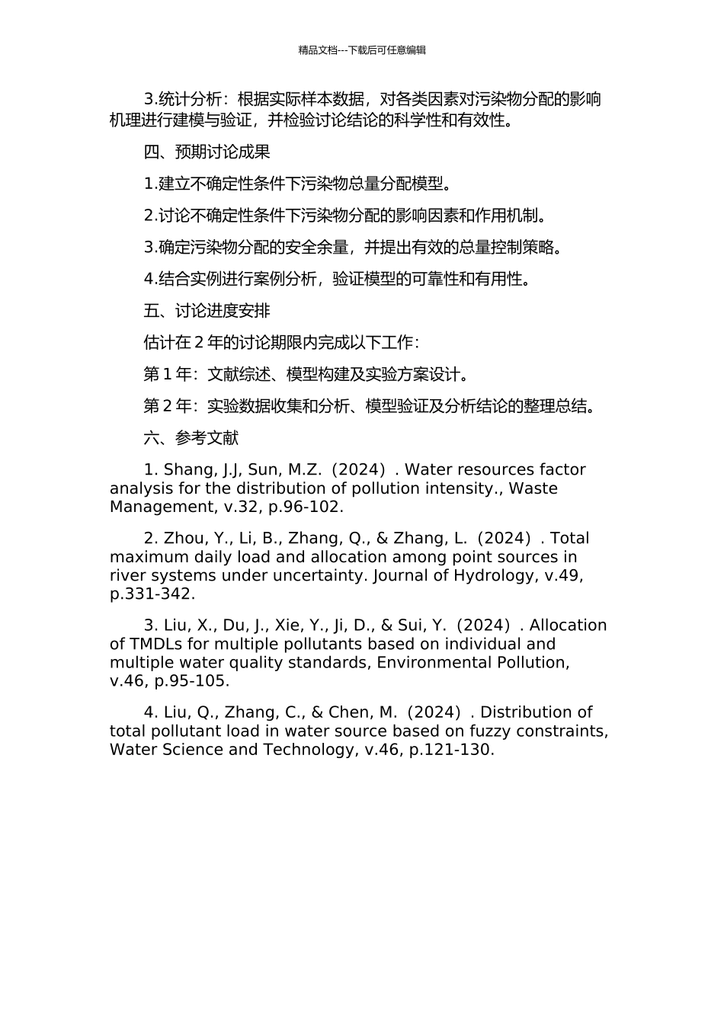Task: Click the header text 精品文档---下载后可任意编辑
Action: pos(362,50)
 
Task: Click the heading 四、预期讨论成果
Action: pos(207,152)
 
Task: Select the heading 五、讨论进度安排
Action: pos(207,311)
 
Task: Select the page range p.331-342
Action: pos(152,594)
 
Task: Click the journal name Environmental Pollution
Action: pos(473,662)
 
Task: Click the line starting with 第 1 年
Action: pos(306,374)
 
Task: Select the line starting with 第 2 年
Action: pos(369,406)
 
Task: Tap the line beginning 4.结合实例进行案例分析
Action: pos(337,279)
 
